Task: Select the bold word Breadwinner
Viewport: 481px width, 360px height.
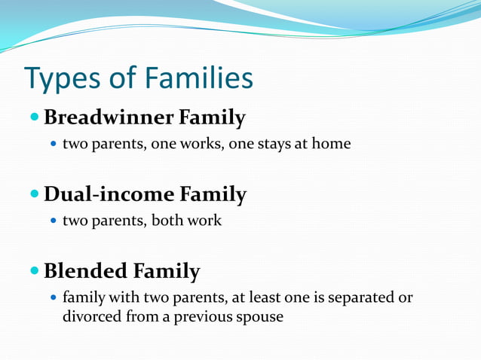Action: (108, 118)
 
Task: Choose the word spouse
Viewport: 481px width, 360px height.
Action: (259, 317)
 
